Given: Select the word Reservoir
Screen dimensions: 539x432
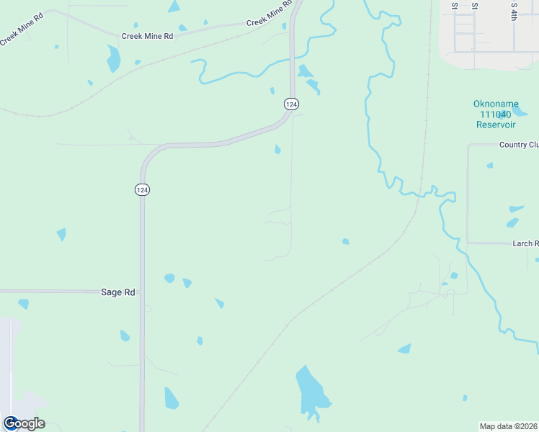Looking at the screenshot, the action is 496,125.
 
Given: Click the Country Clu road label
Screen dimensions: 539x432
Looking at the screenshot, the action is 519,145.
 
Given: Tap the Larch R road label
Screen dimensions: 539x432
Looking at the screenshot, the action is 525,244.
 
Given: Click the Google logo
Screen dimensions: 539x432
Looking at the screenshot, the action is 24,423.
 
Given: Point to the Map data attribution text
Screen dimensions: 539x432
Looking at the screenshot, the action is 508,426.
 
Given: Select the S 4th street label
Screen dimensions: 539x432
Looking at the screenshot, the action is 514,10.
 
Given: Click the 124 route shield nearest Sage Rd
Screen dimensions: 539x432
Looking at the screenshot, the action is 142,189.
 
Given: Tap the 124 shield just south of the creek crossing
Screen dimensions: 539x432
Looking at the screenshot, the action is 290,104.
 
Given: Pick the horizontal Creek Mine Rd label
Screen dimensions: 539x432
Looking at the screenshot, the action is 148,35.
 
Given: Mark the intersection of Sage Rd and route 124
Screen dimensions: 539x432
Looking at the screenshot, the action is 143,292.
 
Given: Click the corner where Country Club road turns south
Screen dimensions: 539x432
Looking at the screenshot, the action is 468,145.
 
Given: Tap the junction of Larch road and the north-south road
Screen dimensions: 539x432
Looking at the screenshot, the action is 468,243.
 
